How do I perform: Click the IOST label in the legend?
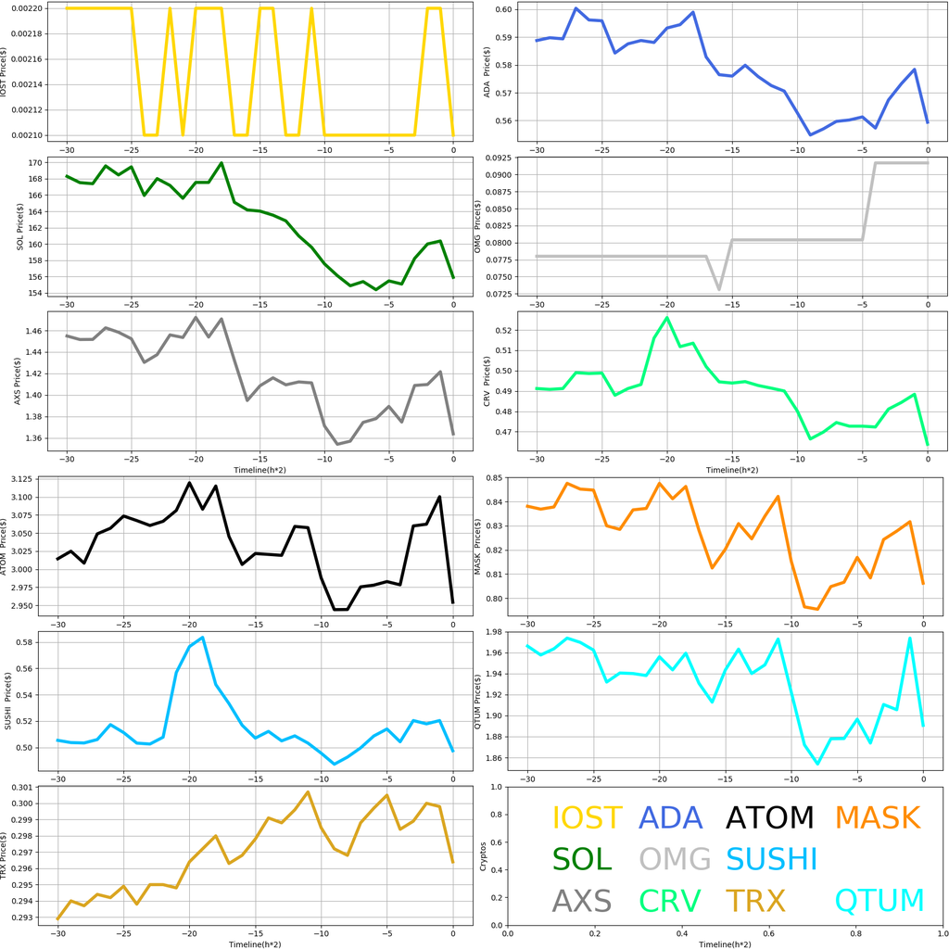pos(587,818)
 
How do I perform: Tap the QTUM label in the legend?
pos(879,901)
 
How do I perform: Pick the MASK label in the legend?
pos(877,818)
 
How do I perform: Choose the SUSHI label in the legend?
pos(771,860)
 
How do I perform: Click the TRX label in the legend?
pos(754,901)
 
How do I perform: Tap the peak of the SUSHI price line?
pos(202,638)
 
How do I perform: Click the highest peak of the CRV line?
pos(667,318)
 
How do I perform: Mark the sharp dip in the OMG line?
pos(719,289)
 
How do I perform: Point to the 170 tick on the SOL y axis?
pos(36,163)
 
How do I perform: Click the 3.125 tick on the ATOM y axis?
pos(32,479)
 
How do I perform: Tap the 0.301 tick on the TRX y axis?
pos(32,788)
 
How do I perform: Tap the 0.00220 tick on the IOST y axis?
pos(27,8)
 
